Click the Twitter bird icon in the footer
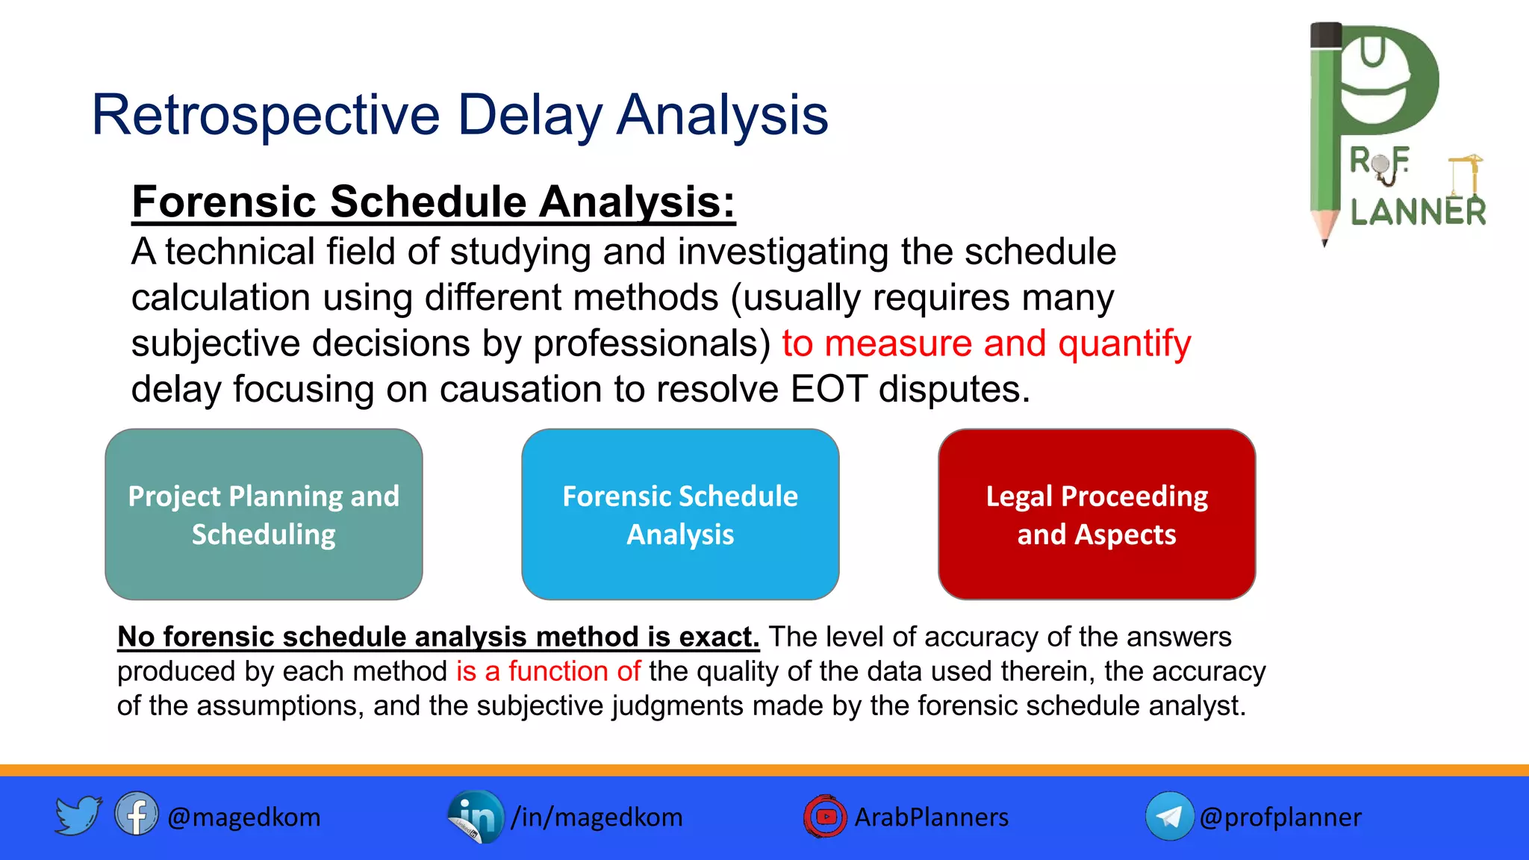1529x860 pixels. point(78,815)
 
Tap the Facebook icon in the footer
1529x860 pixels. point(136,814)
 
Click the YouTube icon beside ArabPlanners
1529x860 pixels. point(825,816)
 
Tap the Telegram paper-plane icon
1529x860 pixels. point(1169,816)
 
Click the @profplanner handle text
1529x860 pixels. point(1280,817)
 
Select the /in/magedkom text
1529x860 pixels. point(597,817)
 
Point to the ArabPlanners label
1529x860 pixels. point(931,817)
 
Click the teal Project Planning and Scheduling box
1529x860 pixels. point(264,514)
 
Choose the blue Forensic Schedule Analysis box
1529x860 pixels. point(680,514)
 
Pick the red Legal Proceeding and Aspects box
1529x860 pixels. point(1096,514)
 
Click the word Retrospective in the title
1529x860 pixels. point(265,116)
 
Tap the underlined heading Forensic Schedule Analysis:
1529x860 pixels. point(433,202)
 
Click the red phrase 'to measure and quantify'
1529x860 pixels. point(985,343)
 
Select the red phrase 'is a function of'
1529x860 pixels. point(548,671)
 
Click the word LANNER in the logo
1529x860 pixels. point(1418,212)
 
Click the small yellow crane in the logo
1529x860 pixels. point(1466,175)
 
